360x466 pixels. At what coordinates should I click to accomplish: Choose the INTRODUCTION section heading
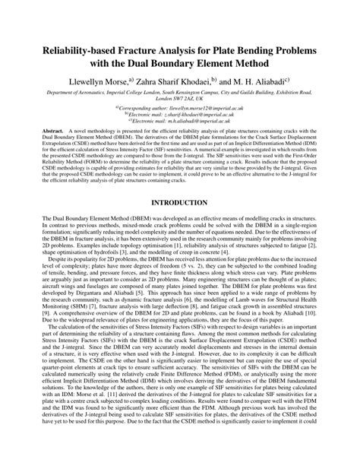179,203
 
